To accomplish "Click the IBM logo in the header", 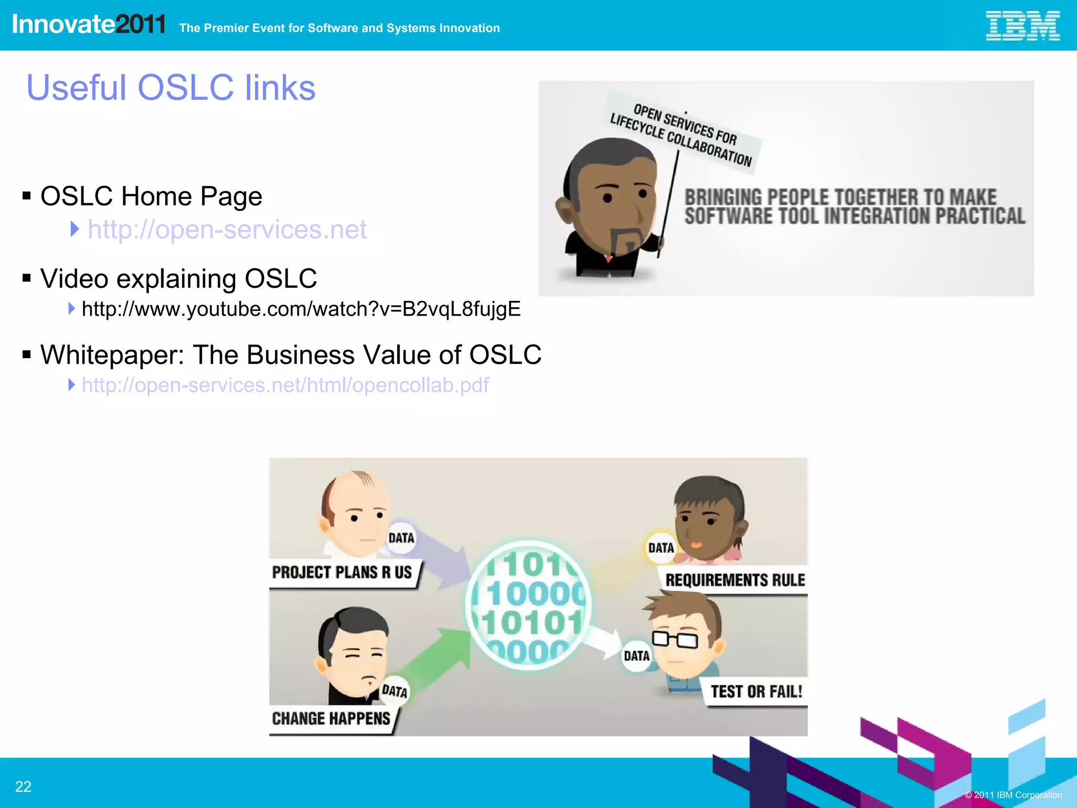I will tap(1022, 26).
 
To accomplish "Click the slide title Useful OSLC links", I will tap(171, 87).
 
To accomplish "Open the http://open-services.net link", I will tap(227, 229).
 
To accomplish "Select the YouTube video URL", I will tap(301, 309).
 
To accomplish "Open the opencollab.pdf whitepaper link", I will tap(285, 385).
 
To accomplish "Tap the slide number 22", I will tap(23, 786).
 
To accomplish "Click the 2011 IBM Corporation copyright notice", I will tap(1013, 795).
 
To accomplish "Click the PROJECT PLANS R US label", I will tap(342, 572).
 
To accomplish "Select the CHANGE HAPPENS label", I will tap(331, 719).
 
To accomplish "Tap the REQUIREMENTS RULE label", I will tap(735, 580).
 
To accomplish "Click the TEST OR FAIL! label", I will tap(756, 692).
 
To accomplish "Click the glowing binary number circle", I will tap(529, 605).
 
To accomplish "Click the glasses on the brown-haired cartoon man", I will tap(675, 639).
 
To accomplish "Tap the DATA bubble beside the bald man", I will tap(401, 538).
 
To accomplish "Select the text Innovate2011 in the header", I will tap(88, 25).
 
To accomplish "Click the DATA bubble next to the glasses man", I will tap(636, 656).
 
